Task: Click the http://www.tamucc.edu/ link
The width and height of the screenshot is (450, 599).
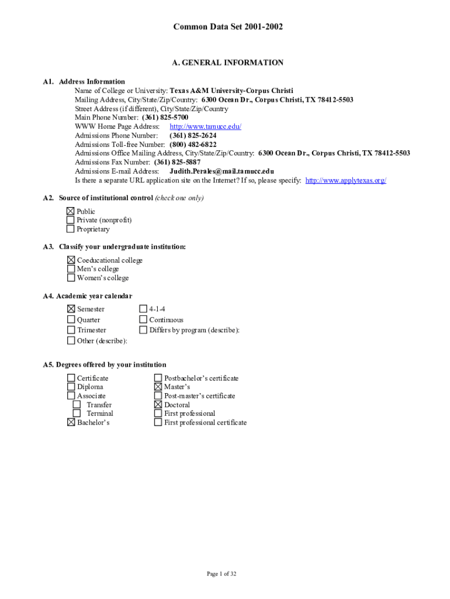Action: [205, 126]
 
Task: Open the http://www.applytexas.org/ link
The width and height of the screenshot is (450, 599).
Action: [345, 180]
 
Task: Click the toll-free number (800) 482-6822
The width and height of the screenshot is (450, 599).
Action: [193, 144]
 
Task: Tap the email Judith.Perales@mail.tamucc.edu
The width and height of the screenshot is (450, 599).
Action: [221, 171]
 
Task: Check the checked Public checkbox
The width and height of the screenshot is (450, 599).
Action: [71, 211]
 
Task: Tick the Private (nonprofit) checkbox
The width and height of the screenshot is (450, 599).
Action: [71, 220]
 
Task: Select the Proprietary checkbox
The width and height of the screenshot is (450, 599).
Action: [71, 229]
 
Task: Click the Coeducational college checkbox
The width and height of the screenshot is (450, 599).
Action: [71, 260]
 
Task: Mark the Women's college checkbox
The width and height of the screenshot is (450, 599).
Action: [71, 278]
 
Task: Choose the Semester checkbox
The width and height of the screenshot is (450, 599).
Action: [71, 309]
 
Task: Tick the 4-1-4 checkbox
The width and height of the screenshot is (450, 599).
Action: [143, 309]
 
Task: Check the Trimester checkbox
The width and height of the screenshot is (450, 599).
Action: [71, 330]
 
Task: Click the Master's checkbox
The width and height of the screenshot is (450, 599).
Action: [158, 387]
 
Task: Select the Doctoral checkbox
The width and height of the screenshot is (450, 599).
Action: [158, 405]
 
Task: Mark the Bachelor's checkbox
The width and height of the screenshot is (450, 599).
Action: [71, 422]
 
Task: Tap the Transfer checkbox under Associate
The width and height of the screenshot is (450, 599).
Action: [77, 405]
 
